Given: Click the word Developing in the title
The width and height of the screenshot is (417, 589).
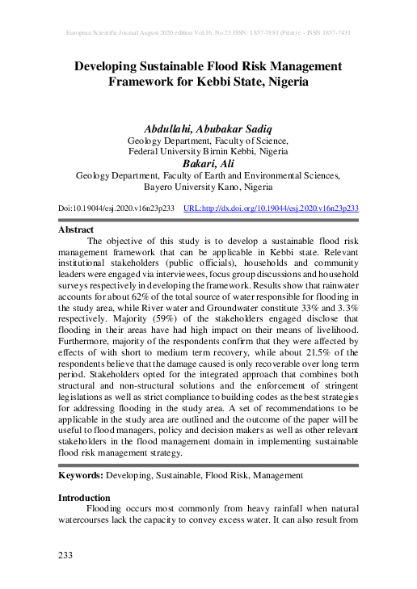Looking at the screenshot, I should [x=109, y=66].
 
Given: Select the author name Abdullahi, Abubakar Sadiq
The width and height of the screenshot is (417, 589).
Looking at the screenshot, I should [x=208, y=128].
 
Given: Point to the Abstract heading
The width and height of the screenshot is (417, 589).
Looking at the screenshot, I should [x=77, y=229].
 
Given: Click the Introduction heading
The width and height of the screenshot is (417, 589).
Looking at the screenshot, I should [x=84, y=498].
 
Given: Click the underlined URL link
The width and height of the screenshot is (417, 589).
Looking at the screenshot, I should [x=271, y=208].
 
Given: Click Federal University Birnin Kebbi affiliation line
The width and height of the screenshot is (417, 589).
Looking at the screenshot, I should [x=208, y=151].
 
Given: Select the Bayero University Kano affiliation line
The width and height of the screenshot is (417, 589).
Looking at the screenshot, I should [x=208, y=185].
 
